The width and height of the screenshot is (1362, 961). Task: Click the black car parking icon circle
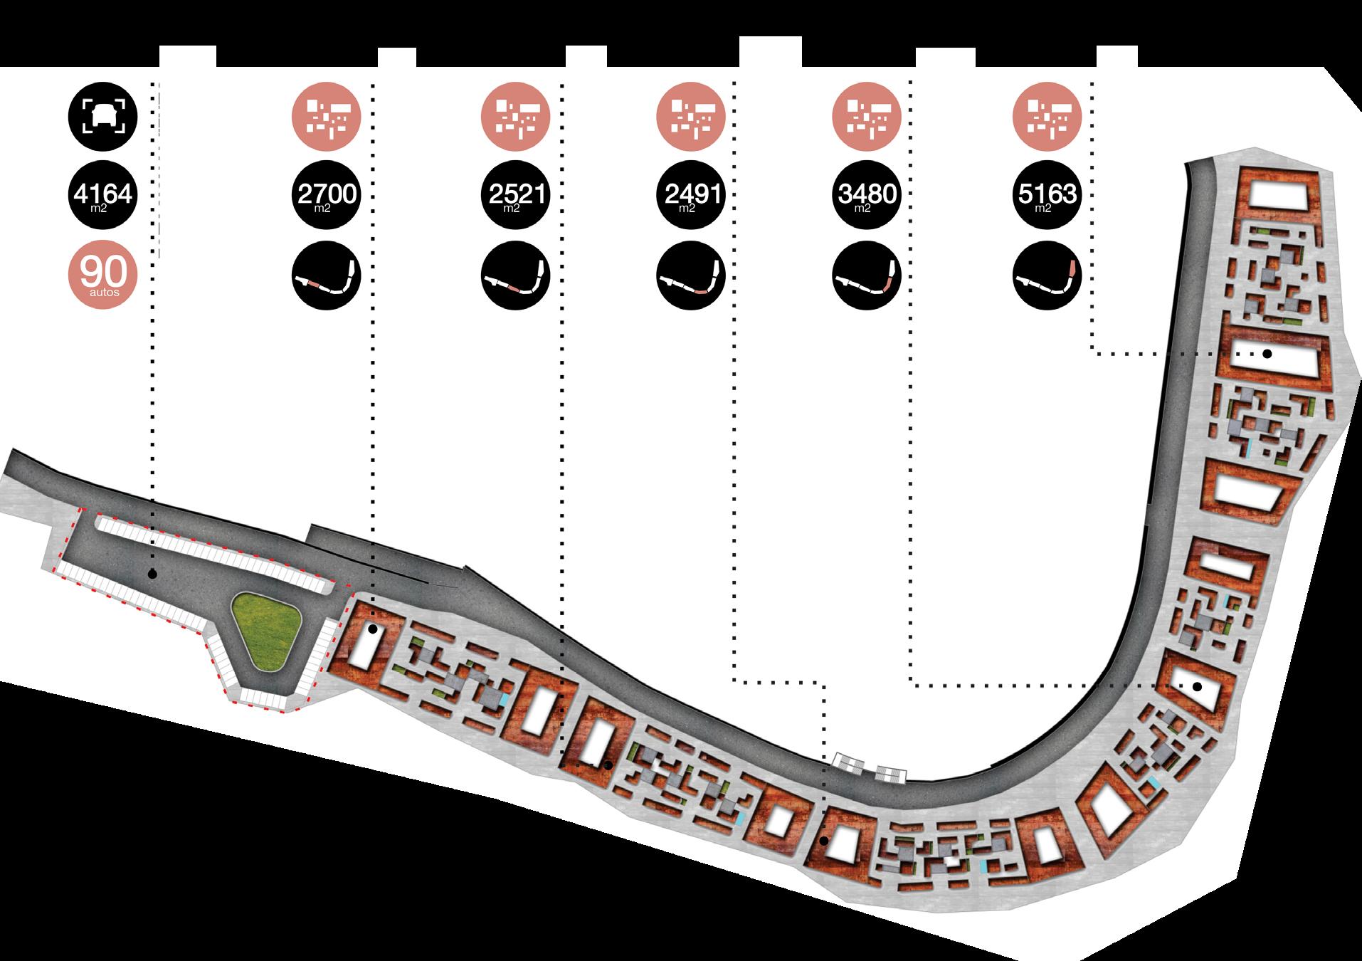pos(102,116)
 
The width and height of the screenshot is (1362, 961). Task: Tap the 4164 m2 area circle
pos(102,194)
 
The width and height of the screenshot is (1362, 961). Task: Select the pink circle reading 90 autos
pos(102,274)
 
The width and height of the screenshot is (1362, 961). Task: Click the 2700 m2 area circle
pos(327,194)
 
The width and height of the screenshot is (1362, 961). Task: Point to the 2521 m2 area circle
pos(516,194)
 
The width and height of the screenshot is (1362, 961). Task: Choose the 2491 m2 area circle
pos(691,194)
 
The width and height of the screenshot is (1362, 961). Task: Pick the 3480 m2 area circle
pos(867,194)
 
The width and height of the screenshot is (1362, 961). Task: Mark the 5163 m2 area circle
pos(1047,194)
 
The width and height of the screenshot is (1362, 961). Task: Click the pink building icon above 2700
pos(327,116)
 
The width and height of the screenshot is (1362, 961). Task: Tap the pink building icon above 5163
pos(1047,116)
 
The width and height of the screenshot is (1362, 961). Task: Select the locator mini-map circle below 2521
pos(516,275)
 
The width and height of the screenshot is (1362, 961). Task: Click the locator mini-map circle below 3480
pos(867,275)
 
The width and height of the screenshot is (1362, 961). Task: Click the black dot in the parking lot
pos(152,574)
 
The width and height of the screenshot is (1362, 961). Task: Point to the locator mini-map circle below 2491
pos(691,275)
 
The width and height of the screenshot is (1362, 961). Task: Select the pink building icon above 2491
pos(691,116)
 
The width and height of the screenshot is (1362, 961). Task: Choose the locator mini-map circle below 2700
pos(327,275)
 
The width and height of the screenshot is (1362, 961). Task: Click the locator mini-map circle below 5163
pos(1047,275)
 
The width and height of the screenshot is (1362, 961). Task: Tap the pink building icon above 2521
pos(516,116)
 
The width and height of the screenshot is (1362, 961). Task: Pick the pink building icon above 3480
pos(867,116)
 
